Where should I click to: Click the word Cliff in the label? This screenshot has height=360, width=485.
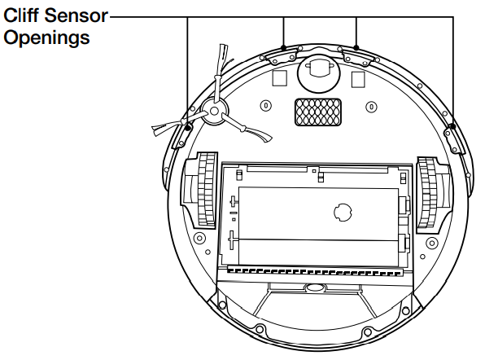pyautogui.click(x=23, y=15)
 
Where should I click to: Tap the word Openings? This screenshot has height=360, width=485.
pyautogui.click(x=46, y=37)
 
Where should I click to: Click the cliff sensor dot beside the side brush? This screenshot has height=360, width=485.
pyautogui.click(x=189, y=127)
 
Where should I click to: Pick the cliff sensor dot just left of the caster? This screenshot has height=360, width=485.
pyautogui.click(x=282, y=48)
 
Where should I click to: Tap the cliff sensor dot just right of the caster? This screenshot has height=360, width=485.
pyautogui.click(x=357, y=48)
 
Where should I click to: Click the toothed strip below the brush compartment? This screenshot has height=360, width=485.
pyautogui.click(x=317, y=268)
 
